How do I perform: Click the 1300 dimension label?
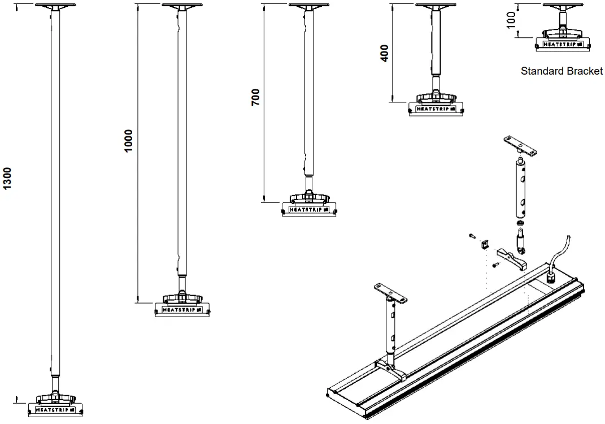pyautogui.click(x=7, y=179)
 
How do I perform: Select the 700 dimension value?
pyautogui.click(x=255, y=98)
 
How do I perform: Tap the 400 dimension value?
pyautogui.click(x=385, y=53)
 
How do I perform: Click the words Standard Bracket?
pyautogui.click(x=562, y=71)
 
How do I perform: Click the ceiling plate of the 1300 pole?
pyautogui.click(x=56, y=6)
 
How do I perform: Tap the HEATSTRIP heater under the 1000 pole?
pyautogui.click(x=182, y=310)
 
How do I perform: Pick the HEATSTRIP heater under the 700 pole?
pyautogui.click(x=308, y=209)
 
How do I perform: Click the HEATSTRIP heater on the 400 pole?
pyautogui.click(x=435, y=107)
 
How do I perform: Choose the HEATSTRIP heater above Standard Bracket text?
pyautogui.click(x=563, y=42)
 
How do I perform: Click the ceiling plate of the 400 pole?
pyautogui.click(x=436, y=6)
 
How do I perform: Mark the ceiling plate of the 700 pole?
pyautogui.click(x=309, y=6)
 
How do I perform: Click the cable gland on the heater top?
pyautogui.click(x=551, y=279)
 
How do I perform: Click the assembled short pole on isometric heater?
pyautogui.click(x=390, y=328)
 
